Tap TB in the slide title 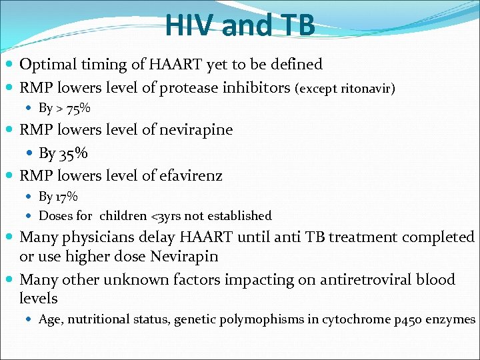(294, 25)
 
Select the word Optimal (46, 65)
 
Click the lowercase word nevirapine (197, 130)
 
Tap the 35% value (73, 153)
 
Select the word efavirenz (191, 176)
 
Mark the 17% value (67, 197)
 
